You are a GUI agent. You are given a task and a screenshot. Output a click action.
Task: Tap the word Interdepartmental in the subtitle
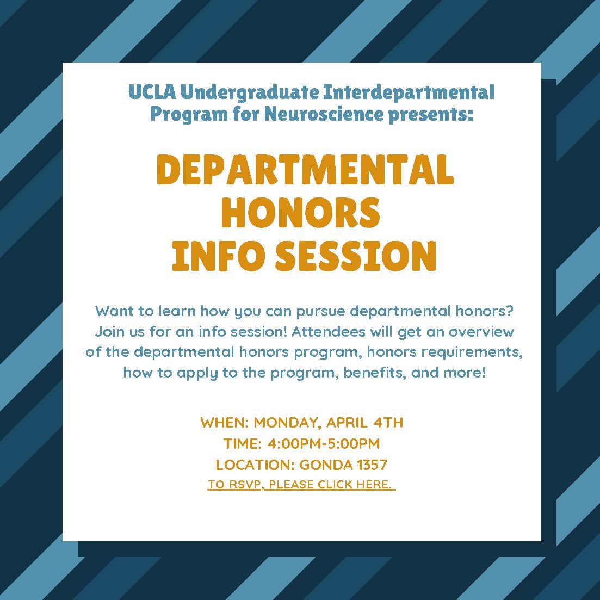409,92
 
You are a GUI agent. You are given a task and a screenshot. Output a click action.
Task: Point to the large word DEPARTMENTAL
305,170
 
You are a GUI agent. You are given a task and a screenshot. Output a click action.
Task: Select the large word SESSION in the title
356,256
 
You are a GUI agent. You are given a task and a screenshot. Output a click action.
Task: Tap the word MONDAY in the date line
287,423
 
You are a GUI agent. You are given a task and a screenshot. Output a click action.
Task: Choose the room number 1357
372,465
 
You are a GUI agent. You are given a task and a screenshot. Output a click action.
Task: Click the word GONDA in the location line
326,465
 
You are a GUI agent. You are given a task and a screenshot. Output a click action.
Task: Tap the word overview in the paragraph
481,331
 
